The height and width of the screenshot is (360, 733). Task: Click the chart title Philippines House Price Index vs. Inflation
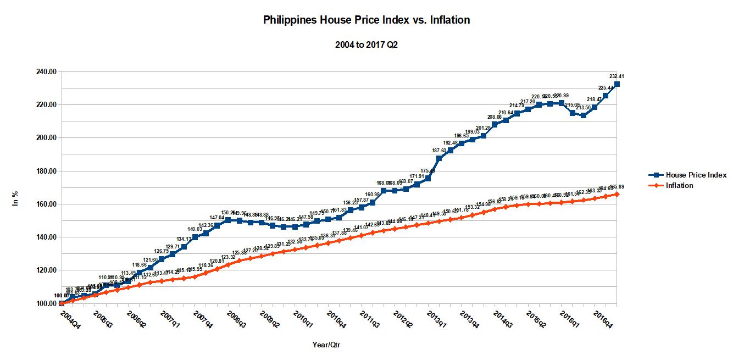tap(366, 20)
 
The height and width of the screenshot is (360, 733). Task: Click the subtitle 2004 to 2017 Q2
tap(366, 45)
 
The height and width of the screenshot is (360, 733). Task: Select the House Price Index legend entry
tap(696, 175)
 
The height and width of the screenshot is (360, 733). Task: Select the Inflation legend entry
tap(679, 185)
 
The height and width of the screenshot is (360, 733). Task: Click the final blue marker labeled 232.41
tap(617, 84)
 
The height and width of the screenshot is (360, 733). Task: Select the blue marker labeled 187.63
tap(439, 158)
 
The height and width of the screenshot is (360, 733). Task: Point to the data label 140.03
tap(195, 229)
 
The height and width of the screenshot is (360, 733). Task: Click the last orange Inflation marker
tap(617, 194)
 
